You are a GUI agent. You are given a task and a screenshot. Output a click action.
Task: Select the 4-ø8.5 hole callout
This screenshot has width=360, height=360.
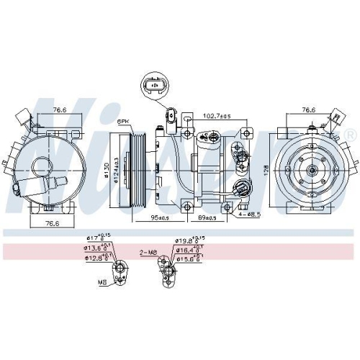(x=251, y=214)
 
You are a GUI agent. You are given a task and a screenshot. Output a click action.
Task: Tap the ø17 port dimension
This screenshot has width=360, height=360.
(x=95, y=237)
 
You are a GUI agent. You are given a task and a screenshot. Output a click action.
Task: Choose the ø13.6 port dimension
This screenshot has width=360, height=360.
(x=97, y=247)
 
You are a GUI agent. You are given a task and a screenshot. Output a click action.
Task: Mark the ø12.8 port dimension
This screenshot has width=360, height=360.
(x=97, y=257)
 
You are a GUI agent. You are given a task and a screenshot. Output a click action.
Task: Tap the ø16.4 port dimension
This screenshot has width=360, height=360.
(x=189, y=250)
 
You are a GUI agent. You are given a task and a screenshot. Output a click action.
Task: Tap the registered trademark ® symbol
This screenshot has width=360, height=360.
(x=351, y=135)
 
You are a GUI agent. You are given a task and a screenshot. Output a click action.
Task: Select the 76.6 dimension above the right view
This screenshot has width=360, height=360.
(x=308, y=110)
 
